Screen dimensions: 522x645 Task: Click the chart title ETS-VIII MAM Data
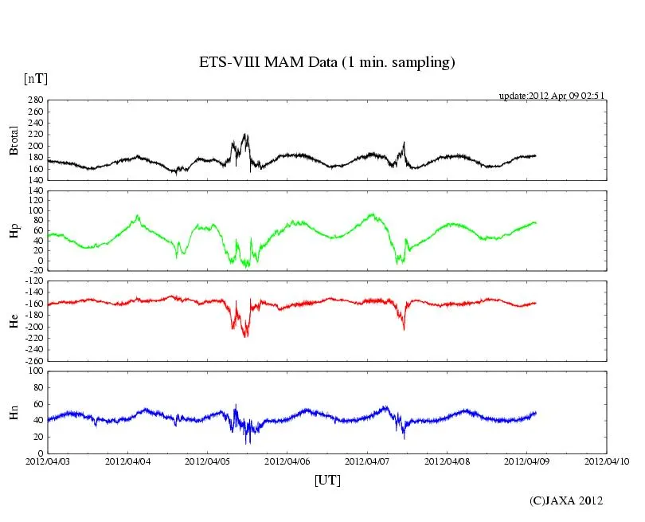(326, 63)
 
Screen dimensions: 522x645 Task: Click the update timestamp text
(552, 96)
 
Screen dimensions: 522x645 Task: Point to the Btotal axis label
(14, 139)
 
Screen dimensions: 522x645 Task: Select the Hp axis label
(14, 230)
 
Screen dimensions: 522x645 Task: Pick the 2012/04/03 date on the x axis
(48, 461)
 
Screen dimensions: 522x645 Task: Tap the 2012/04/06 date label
(287, 461)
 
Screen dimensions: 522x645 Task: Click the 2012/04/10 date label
(607, 461)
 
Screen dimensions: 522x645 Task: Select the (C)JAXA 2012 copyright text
(566, 500)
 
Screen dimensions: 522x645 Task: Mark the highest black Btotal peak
(245, 135)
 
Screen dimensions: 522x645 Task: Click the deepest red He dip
(245, 336)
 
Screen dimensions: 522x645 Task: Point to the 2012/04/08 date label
(448, 461)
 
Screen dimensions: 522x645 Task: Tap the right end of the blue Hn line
(536, 413)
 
